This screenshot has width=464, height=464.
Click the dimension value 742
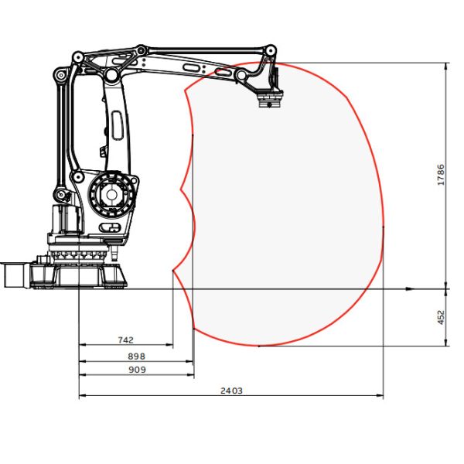coord(125,339)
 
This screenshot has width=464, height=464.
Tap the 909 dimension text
coord(136,370)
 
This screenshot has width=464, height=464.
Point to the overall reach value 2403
coord(231,391)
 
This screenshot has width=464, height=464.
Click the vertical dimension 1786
coord(440,175)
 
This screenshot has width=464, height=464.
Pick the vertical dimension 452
coord(440,318)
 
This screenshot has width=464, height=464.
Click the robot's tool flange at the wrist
coord(270,98)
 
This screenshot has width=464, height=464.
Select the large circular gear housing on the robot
coord(113,193)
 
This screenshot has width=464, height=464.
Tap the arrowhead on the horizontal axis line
coord(411,289)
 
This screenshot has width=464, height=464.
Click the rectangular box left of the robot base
coord(14,275)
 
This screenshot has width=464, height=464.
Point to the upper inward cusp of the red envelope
coord(180,189)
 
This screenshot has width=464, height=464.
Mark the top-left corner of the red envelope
coord(186,91)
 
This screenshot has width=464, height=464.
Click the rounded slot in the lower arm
coord(116,124)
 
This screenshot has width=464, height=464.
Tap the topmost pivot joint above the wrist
coord(270,50)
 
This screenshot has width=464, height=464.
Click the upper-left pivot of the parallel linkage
coord(77,58)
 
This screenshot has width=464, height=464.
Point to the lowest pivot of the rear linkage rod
coord(58,193)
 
